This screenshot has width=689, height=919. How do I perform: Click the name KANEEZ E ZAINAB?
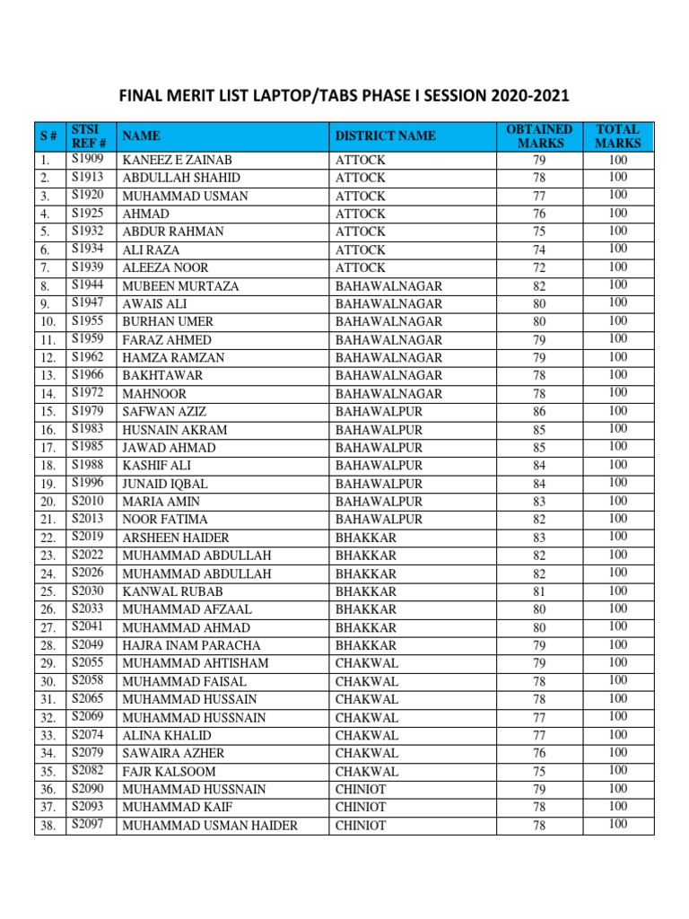[170, 160]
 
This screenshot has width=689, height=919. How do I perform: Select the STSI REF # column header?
[90, 136]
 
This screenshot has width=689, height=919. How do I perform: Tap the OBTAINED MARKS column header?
[538, 136]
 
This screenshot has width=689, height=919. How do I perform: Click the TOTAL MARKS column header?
[617, 136]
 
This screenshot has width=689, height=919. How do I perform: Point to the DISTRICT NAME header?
[386, 136]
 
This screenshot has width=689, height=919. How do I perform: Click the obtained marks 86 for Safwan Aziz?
[538, 411]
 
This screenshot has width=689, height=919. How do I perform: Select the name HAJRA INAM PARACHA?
[191, 645]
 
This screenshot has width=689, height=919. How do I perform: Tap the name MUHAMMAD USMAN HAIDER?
[210, 825]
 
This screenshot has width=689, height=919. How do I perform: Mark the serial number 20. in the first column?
[48, 502]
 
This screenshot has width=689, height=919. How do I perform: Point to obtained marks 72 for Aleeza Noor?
[538, 267]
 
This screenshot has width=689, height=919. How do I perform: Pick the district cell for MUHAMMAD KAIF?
[361, 807]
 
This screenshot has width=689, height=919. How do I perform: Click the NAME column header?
[142, 136]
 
